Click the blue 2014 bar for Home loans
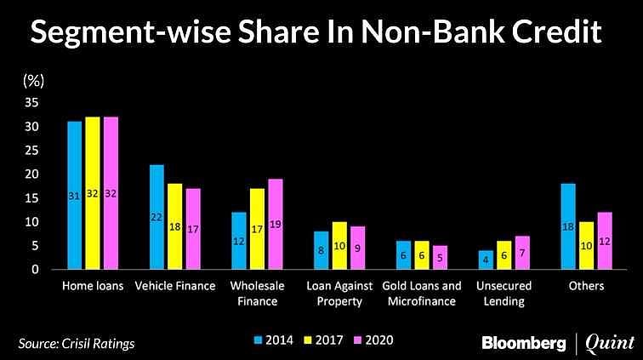(x=74, y=196)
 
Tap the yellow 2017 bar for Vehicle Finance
(x=174, y=226)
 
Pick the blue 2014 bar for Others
(x=568, y=226)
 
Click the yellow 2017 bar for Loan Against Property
(x=339, y=246)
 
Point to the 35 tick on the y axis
(x=31, y=102)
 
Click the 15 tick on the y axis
(x=31, y=198)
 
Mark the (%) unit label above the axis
(x=32, y=81)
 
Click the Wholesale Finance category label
(x=257, y=294)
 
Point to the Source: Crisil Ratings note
(x=77, y=343)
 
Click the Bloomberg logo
(x=523, y=343)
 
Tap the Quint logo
(x=609, y=343)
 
